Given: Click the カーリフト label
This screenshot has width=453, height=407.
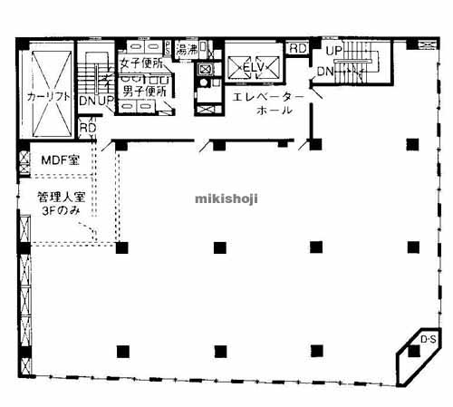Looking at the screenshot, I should click(49, 96).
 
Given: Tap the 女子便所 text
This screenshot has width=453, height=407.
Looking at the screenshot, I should click(141, 63).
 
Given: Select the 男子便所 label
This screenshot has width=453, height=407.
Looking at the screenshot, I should click(143, 91).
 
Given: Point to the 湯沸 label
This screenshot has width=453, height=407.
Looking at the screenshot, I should click(188, 48).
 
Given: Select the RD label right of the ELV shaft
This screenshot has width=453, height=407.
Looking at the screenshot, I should click(297, 48).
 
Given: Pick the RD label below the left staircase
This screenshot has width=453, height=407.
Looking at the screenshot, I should click(88, 129).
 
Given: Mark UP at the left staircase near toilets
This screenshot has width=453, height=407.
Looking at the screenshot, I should click(104, 102).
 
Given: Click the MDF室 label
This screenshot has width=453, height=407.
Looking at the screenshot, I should click(60, 161).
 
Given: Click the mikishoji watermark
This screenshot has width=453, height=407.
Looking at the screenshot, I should click(226, 197).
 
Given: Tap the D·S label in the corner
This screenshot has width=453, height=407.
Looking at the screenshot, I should click(427, 339).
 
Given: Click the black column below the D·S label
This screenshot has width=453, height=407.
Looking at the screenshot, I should click(413, 352).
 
